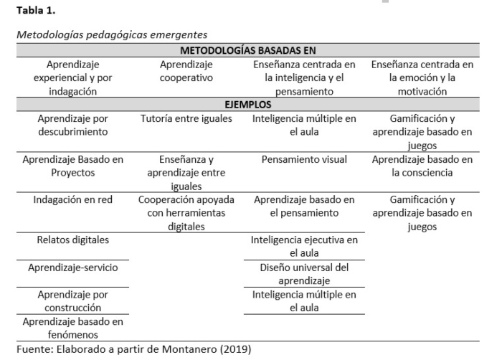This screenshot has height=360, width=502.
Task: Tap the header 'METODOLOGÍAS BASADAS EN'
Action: (x=248, y=51)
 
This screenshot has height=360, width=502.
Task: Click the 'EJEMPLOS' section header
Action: (x=248, y=105)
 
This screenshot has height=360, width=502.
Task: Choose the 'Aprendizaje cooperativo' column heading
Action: (x=186, y=71)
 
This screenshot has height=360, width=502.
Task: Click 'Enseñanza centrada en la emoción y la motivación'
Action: (x=422, y=77)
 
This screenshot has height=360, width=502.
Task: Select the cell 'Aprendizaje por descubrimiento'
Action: (x=72, y=125)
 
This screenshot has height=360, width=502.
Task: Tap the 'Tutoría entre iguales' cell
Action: (x=186, y=118)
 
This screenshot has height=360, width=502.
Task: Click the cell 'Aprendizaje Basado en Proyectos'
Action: (x=72, y=166)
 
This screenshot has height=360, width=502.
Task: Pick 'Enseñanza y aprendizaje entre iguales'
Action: (x=186, y=173)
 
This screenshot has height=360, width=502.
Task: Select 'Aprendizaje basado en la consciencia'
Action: (x=422, y=166)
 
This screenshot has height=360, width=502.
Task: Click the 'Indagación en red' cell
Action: (x=72, y=199)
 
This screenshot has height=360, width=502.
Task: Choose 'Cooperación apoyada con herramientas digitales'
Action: (x=186, y=213)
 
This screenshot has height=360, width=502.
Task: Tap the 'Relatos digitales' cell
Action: (x=72, y=240)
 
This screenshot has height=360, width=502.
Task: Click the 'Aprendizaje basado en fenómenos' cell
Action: (x=72, y=328)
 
